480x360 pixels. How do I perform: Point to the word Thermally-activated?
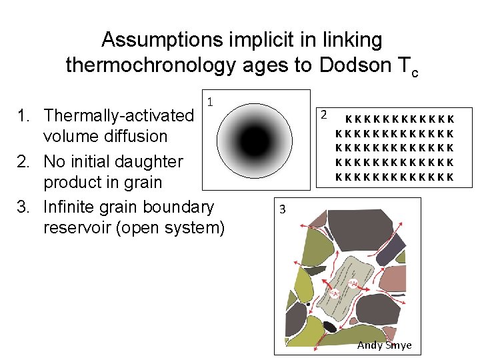[118, 115]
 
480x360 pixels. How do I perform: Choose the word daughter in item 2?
[152, 161]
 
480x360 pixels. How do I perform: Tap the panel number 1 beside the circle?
[209, 103]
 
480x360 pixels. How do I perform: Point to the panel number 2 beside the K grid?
[323, 114]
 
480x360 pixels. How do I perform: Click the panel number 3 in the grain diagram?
[283, 209]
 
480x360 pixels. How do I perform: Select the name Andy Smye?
[385, 345]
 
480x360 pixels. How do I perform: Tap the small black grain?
[329, 326]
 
